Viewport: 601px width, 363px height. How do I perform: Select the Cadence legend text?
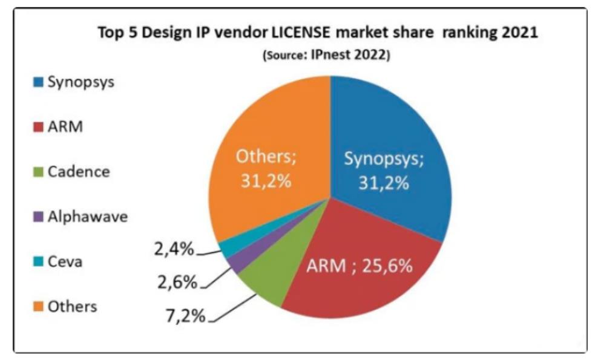point(79,172)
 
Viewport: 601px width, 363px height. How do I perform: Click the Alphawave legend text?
point(88,217)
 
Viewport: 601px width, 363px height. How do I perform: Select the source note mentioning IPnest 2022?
point(326,55)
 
